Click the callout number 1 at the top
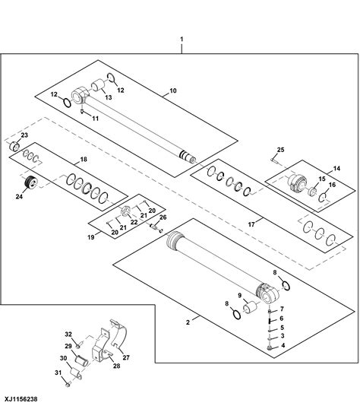click(181, 38)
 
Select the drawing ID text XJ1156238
click(22, 397)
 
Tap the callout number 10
click(173, 90)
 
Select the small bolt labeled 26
click(157, 226)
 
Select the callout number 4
click(283, 345)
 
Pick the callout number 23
click(24, 135)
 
